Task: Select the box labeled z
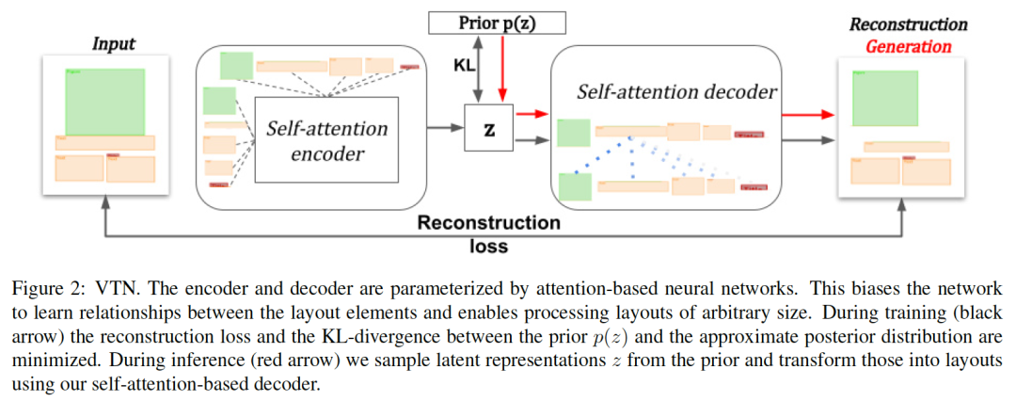[x=488, y=129]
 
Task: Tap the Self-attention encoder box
[x=326, y=138]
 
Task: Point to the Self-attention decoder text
[x=676, y=91]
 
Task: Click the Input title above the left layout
[x=113, y=43]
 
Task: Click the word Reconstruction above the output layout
[x=908, y=24]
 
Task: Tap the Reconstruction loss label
[x=488, y=234]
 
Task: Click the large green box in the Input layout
[x=104, y=101]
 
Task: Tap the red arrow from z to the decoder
[x=531, y=114]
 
